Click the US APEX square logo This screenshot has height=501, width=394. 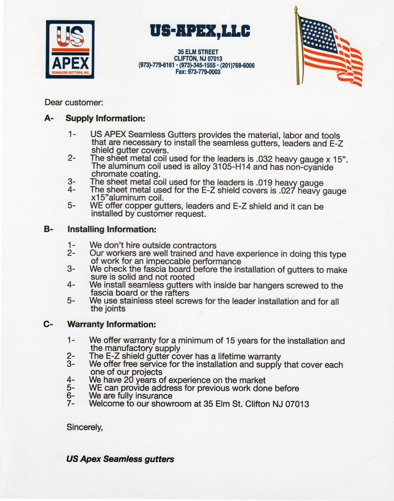pos(70,49)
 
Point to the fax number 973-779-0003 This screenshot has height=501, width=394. pos(198,72)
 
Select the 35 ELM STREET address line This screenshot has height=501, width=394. pos(198,52)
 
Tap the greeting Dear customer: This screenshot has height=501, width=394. pos(74,102)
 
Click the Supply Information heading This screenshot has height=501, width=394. pos(105,119)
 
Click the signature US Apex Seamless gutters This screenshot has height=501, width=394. pos(120,459)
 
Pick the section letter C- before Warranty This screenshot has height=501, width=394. pos(49,323)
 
